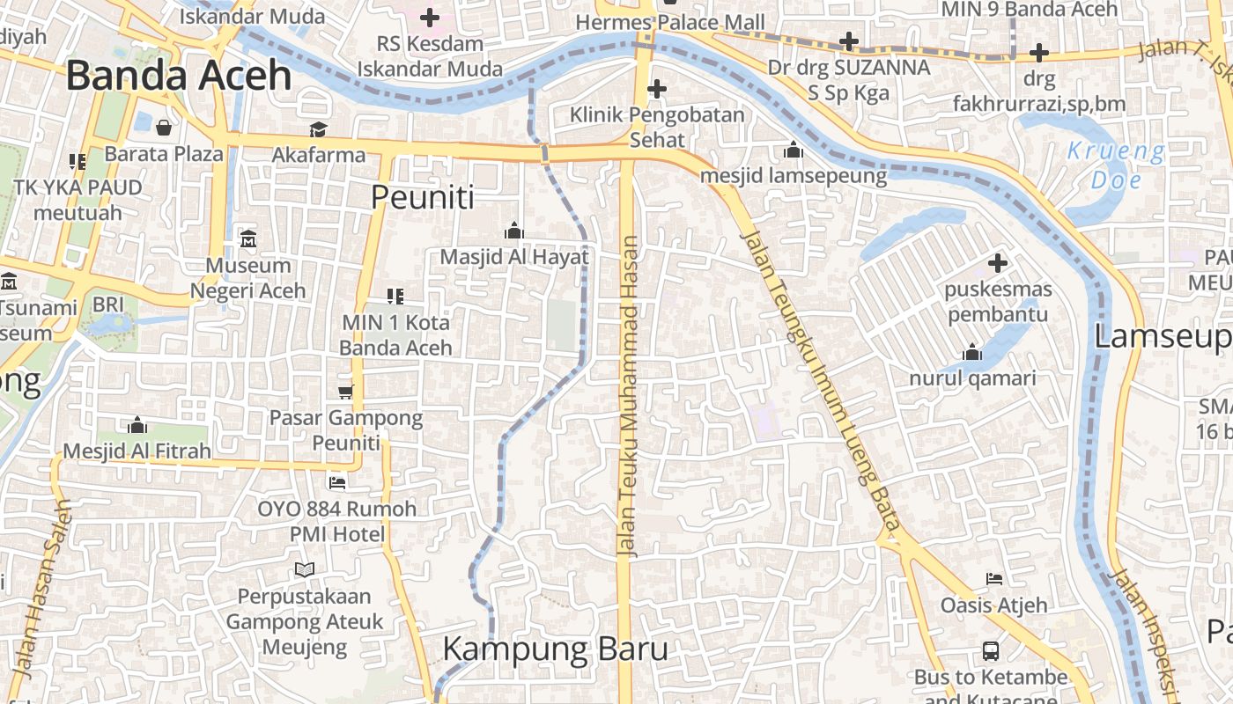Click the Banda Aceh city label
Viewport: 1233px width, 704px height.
(x=178, y=76)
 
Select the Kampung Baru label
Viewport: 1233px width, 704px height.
(x=555, y=649)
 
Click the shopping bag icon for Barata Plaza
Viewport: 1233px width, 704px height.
(x=164, y=128)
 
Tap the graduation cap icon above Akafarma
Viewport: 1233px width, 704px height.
(x=318, y=130)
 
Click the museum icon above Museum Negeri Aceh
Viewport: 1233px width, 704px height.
(x=248, y=238)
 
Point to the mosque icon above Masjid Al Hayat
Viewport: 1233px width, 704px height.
(x=514, y=231)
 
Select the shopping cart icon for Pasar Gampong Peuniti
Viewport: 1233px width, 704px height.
(x=345, y=392)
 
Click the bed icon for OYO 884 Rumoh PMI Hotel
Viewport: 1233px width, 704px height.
(x=336, y=482)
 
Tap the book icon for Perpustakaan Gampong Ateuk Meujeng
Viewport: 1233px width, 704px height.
(x=305, y=570)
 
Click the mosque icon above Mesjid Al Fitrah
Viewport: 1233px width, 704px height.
(x=137, y=426)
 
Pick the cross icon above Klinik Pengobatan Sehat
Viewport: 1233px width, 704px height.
(x=656, y=89)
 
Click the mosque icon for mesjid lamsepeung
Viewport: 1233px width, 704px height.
(x=794, y=150)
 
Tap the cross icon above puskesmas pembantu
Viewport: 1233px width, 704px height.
(x=997, y=263)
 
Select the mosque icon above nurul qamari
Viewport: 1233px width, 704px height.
(x=972, y=353)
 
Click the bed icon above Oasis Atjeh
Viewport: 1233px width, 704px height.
(x=993, y=579)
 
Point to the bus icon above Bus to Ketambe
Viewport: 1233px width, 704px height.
(x=991, y=651)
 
